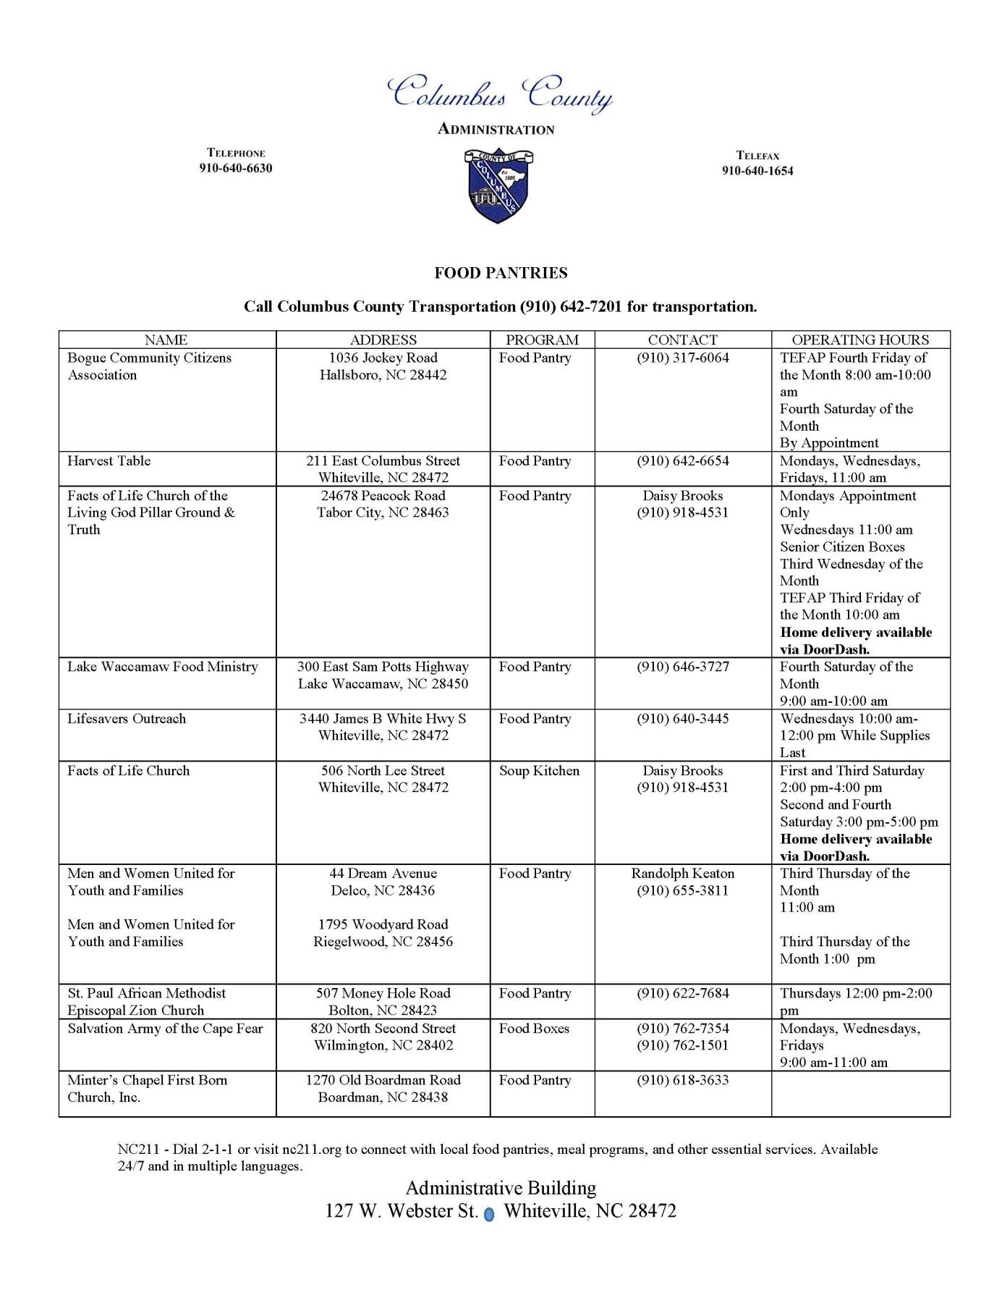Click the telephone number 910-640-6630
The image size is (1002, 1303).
(x=236, y=169)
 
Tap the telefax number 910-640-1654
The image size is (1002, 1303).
(x=757, y=171)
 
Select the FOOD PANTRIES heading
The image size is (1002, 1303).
(x=501, y=273)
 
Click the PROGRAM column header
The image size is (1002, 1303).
(x=542, y=340)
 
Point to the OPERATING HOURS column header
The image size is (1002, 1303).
(x=860, y=340)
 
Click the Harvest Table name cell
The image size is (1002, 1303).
(x=109, y=461)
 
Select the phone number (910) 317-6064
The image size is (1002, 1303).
(x=683, y=358)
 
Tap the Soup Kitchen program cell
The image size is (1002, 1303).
(x=539, y=771)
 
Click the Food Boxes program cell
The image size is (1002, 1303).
(x=534, y=1029)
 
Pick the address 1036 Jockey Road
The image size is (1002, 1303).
(x=383, y=358)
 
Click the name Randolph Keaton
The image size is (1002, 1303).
(x=683, y=874)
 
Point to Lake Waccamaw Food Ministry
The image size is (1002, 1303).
(x=163, y=667)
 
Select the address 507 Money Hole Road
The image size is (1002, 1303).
(x=383, y=993)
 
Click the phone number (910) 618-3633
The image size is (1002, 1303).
(x=683, y=1080)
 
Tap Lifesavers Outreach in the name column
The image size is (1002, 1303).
(x=127, y=719)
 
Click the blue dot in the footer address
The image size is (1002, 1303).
(x=488, y=1215)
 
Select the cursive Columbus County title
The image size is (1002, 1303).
(x=501, y=93)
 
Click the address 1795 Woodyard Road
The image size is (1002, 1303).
(x=383, y=924)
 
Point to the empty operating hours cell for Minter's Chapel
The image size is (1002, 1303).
(x=860, y=1093)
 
